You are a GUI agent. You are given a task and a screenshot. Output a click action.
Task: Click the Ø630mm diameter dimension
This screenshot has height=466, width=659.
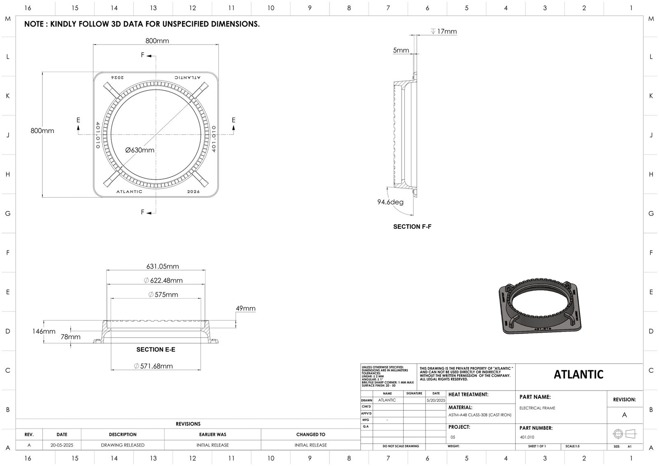tap(140, 150)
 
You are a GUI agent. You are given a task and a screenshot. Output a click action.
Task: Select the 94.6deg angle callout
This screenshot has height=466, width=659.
tap(390, 202)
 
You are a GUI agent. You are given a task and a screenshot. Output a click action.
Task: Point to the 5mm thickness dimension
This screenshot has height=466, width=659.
tap(401, 50)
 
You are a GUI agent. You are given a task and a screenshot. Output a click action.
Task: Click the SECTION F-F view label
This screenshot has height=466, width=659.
tap(412, 227)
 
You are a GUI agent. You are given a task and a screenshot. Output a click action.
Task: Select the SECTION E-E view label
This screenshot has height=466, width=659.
tap(156, 349)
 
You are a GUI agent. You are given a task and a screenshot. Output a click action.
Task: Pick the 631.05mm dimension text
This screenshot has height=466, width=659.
tap(163, 266)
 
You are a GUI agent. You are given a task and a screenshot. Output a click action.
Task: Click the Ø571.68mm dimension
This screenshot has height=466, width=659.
tap(154, 366)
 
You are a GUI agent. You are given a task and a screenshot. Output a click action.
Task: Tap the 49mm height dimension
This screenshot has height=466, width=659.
tap(245, 308)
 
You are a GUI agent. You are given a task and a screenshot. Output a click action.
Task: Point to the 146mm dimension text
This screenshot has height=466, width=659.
tap(44, 331)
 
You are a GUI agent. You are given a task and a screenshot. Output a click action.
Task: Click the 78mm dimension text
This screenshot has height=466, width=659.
tap(70, 337)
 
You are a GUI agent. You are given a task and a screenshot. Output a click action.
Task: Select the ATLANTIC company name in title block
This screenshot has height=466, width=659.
tap(578, 374)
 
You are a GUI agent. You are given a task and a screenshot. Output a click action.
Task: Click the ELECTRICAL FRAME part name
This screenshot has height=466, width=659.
tap(537, 408)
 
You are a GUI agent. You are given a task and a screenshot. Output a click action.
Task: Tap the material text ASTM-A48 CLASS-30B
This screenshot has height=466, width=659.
tap(479, 415)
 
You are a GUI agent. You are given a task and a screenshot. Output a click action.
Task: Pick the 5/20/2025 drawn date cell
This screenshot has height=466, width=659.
tap(436, 400)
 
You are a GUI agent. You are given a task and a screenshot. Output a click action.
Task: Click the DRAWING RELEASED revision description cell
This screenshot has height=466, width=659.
tap(123, 445)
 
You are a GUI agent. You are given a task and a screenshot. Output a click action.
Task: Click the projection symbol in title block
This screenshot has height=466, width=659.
tap(624, 434)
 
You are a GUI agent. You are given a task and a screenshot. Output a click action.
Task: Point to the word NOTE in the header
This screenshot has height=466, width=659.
tap(33, 24)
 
